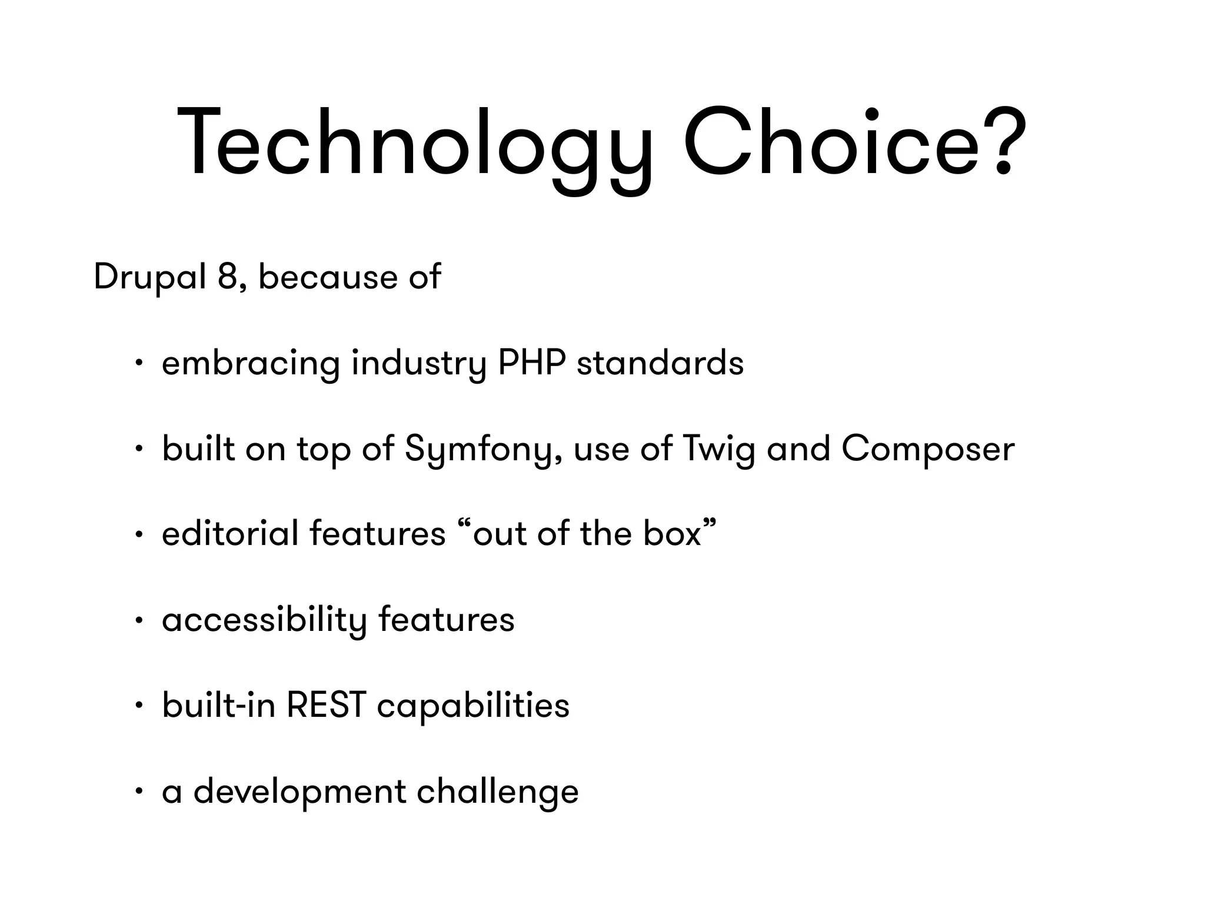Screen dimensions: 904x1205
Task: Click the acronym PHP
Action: click(531, 363)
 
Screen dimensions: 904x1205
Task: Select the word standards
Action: click(660, 363)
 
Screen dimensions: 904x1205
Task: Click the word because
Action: click(328, 277)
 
